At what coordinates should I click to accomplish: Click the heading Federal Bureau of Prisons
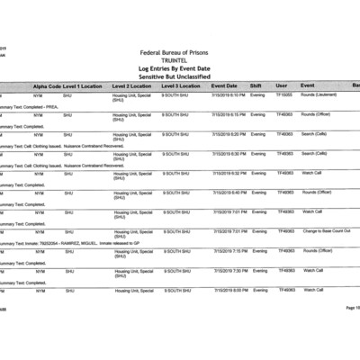click(x=180, y=53)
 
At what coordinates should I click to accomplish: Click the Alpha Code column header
click(x=47, y=85)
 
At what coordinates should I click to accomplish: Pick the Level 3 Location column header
click(x=182, y=85)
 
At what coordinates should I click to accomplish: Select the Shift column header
click(x=256, y=85)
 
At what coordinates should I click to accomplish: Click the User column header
click(x=281, y=85)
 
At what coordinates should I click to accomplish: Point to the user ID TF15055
click(x=285, y=94)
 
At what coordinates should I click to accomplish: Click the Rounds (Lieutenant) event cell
click(x=320, y=94)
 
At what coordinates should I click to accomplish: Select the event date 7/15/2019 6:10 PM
click(x=229, y=94)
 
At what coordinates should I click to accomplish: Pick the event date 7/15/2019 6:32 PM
click(x=229, y=172)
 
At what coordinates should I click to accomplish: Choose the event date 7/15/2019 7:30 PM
click(x=229, y=270)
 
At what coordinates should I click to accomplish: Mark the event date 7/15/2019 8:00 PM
click(x=229, y=290)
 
